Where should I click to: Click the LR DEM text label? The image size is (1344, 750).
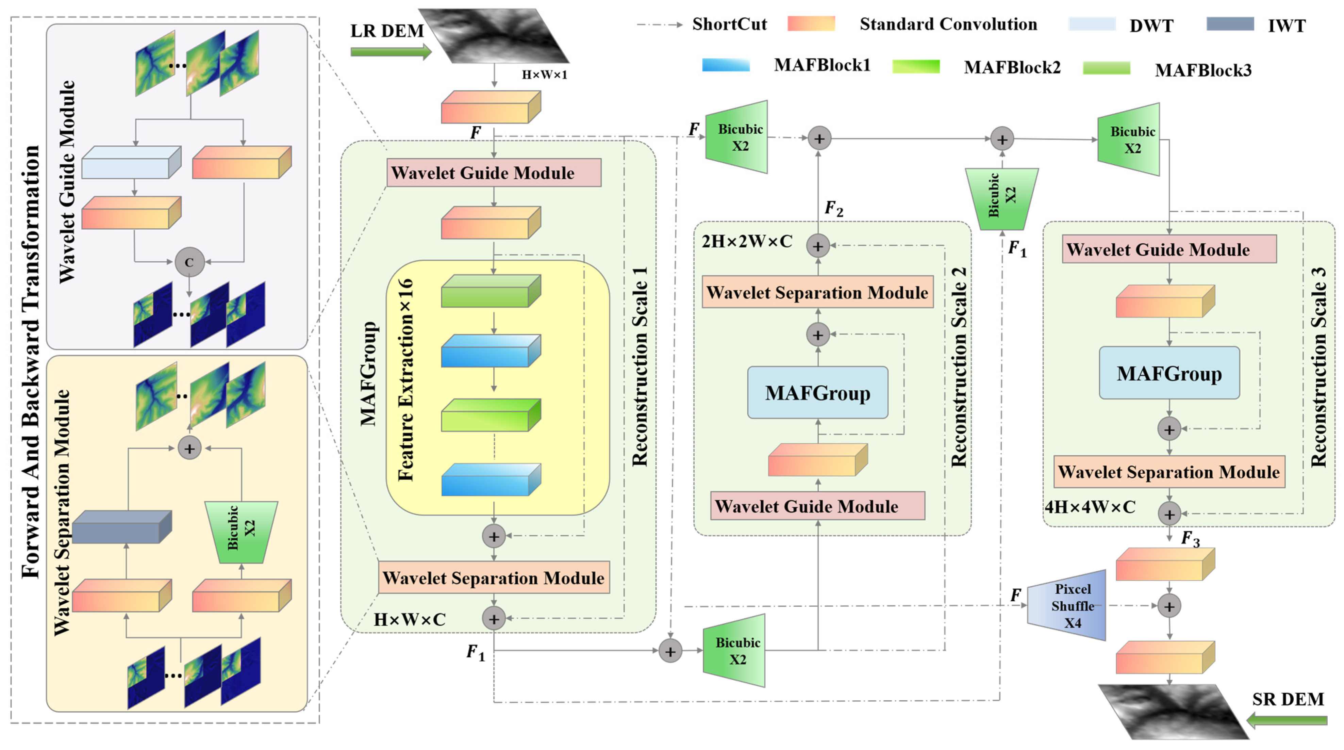[387, 31]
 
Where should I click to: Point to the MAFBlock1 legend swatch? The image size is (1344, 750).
[726, 65]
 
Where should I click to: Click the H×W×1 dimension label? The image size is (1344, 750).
[544, 75]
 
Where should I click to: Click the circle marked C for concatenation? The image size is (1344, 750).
[189, 262]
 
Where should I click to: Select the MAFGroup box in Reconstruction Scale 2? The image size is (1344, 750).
[817, 392]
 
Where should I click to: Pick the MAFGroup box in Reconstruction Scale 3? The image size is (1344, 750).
[1169, 373]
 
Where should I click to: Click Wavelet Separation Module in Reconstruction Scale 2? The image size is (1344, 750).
[817, 292]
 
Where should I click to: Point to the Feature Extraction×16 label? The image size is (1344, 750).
[406, 380]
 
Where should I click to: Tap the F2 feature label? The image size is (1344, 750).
[833, 209]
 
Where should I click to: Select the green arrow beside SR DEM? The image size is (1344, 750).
[1287, 721]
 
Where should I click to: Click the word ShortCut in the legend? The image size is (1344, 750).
[729, 24]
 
